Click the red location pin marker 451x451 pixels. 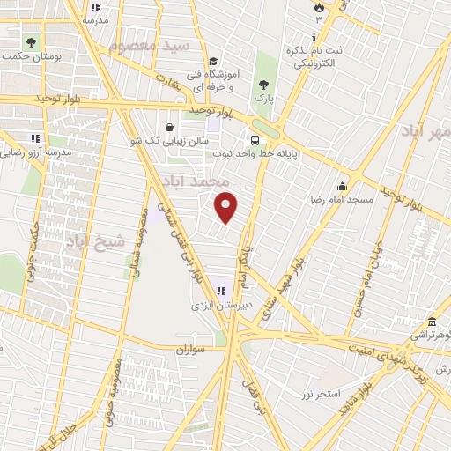click(x=227, y=207)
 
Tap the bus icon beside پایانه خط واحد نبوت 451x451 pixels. click(x=255, y=140)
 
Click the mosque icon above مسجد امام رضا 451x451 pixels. click(x=342, y=187)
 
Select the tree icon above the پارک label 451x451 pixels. click(x=263, y=86)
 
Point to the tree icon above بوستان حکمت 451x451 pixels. click(x=32, y=42)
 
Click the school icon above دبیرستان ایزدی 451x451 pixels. click(x=220, y=292)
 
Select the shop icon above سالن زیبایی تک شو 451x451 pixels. click(x=169, y=127)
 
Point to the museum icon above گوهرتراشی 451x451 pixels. click(x=431, y=322)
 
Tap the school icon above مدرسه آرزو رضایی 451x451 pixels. click(x=35, y=138)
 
